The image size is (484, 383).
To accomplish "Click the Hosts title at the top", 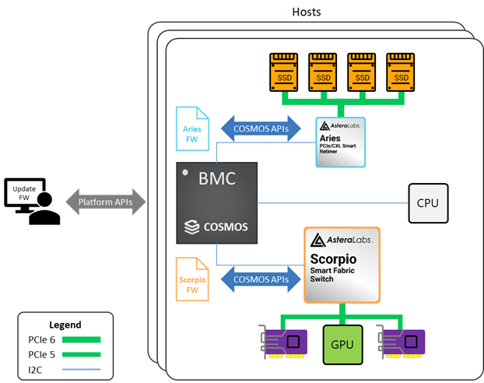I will [x=305, y=12].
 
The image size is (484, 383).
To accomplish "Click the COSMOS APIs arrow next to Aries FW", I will [x=261, y=129].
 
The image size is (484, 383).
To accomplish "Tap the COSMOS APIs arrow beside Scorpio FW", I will [x=261, y=279].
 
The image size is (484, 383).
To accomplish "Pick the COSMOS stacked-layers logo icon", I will [x=191, y=227].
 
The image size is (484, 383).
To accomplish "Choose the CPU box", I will [x=427, y=203].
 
